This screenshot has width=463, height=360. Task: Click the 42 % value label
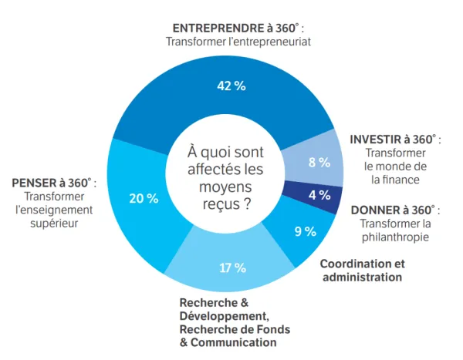(x=231, y=86)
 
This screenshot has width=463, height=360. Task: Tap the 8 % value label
(x=319, y=162)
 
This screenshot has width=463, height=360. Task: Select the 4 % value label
(x=319, y=195)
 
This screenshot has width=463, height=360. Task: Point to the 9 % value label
(x=306, y=231)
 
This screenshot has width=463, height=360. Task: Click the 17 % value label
(x=232, y=267)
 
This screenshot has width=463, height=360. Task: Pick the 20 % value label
(x=143, y=198)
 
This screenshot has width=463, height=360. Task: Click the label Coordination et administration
(x=362, y=270)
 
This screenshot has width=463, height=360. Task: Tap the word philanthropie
(x=394, y=237)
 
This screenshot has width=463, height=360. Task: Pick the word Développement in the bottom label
(x=224, y=316)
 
